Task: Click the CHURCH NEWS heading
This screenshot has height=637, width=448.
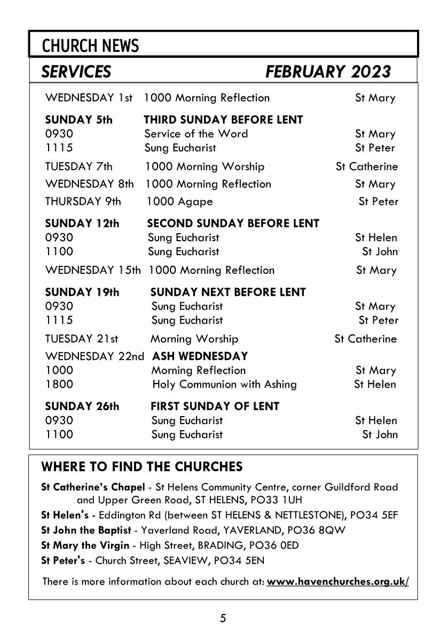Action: click(x=90, y=47)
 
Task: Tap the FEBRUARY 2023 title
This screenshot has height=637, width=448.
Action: click(x=328, y=72)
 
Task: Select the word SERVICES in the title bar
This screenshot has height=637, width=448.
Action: click(x=76, y=72)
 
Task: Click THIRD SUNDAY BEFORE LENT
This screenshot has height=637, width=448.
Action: click(x=223, y=120)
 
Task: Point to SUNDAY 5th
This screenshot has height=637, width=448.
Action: click(x=79, y=120)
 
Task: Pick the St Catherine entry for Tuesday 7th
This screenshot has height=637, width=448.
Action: click(x=367, y=166)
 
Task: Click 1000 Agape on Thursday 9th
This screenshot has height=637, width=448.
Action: click(x=179, y=202)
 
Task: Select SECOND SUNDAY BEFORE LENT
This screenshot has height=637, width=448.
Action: click(x=233, y=224)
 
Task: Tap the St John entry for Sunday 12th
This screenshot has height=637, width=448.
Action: click(x=380, y=251)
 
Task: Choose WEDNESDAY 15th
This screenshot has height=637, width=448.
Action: click(x=93, y=270)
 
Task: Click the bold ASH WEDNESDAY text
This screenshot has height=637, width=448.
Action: click(x=200, y=356)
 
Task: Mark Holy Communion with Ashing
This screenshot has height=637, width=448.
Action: click(x=224, y=384)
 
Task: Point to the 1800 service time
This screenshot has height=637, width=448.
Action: click(x=59, y=384)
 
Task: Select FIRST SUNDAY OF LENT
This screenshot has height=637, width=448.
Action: click(x=215, y=406)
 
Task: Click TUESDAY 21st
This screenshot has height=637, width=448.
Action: click(x=82, y=339)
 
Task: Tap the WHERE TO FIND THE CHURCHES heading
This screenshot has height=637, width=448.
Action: click(x=142, y=467)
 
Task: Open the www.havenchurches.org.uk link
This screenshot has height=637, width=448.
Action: click(x=337, y=581)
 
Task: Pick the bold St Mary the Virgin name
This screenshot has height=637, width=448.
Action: click(x=85, y=546)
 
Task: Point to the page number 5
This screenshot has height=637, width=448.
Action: click(x=223, y=619)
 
